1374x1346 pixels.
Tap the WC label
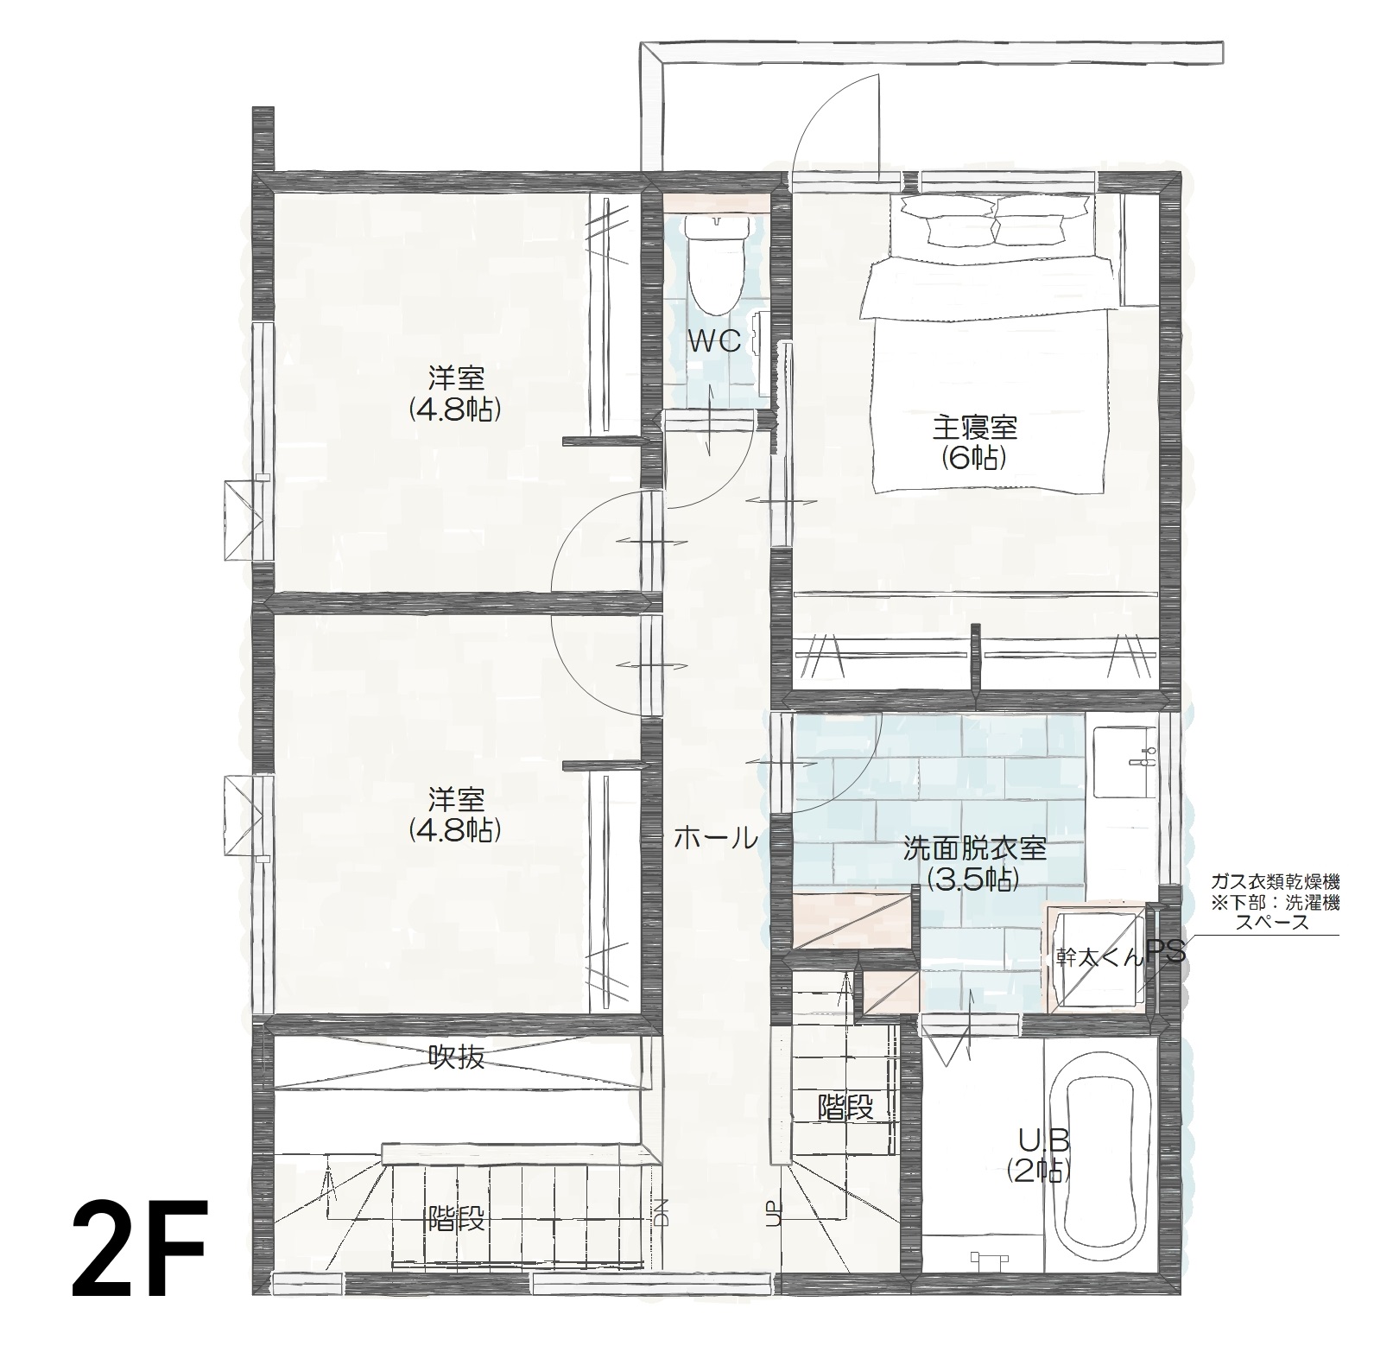pyautogui.click(x=714, y=342)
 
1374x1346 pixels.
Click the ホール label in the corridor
pyautogui.click(x=715, y=837)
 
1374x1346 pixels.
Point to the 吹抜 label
pyautogui.click(x=457, y=1057)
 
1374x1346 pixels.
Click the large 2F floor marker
pyautogui.click(x=140, y=1251)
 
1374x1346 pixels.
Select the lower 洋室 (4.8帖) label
pyautogui.click(x=456, y=814)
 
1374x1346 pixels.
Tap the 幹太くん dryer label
pyautogui.click(x=1099, y=957)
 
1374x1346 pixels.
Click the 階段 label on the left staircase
pyautogui.click(x=456, y=1220)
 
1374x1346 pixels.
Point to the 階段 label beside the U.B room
pyautogui.click(x=845, y=1106)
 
